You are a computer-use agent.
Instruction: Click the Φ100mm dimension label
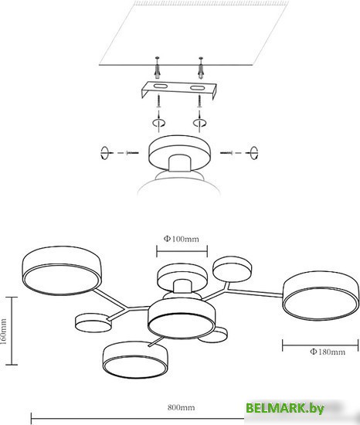[182, 239]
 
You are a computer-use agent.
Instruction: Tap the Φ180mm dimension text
[328, 352]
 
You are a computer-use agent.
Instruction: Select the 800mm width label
[181, 408]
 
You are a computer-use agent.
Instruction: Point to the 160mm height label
[4, 331]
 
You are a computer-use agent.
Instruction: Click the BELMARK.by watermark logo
[285, 408]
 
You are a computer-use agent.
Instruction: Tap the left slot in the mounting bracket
[160, 87]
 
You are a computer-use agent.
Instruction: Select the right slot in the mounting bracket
[197, 88]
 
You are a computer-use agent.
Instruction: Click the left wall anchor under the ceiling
[157, 68]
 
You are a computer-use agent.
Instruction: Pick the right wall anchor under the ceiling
[201, 68]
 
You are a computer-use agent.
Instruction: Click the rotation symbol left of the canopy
[104, 153]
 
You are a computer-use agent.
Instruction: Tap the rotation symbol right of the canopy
[253, 153]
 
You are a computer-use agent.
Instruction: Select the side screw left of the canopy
[132, 153]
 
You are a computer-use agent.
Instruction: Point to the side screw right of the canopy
[226, 153]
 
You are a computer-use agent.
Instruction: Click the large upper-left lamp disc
[62, 270]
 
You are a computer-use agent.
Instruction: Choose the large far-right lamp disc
[321, 296]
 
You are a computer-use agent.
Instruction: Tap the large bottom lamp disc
[135, 359]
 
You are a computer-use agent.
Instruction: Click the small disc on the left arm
[93, 323]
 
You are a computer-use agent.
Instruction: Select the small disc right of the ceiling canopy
[232, 269]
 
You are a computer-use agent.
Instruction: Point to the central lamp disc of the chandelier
[182, 318]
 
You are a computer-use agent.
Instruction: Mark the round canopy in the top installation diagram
[179, 153]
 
